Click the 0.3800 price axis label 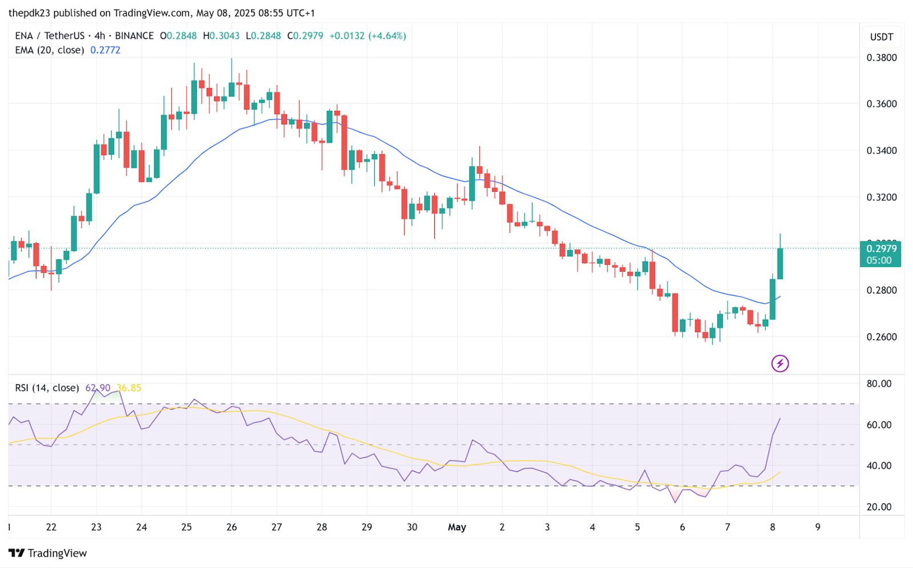[882, 58]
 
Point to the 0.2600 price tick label [882, 337]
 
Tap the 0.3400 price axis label [882, 151]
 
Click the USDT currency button [882, 37]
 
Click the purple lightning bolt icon [780, 363]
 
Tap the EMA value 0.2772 [106, 50]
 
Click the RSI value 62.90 [98, 388]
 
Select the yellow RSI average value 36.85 [129, 388]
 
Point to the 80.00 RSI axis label [879, 384]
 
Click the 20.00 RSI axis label [879, 507]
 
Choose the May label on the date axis [457, 527]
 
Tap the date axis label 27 [277, 527]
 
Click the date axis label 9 [818, 527]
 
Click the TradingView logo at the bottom [48, 553]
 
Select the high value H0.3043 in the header [221, 36]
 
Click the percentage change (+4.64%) [387, 36]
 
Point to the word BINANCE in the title [134, 36]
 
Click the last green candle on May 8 [780, 263]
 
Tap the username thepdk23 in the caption [29, 13]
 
